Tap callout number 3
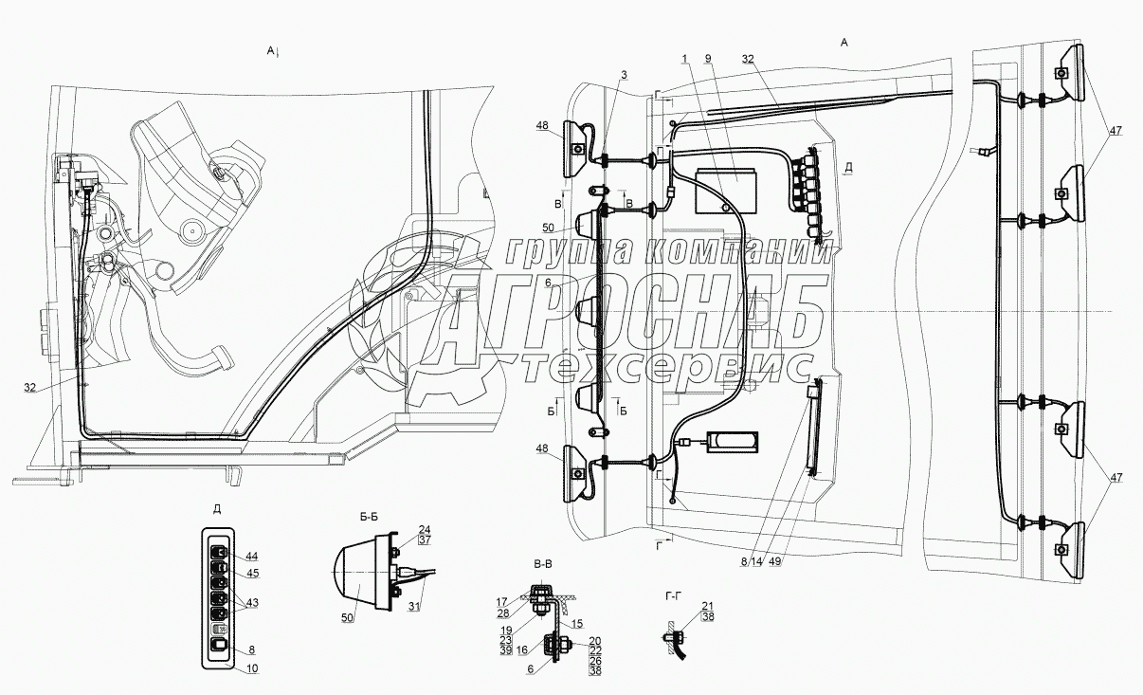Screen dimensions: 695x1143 624,74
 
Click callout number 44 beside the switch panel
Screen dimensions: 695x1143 252,556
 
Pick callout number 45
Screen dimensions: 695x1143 252,573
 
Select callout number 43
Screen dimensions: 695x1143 252,604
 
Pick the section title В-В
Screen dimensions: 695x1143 543,565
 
